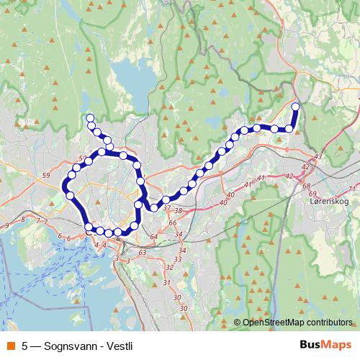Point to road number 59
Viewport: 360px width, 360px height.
pyautogui.click(x=46, y=176)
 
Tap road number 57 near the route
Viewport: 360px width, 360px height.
pyautogui.click(x=82, y=158)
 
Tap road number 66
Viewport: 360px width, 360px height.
pyautogui.click(x=172, y=222)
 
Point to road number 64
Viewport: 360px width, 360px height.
pyautogui.click(x=153, y=237)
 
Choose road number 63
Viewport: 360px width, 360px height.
pyautogui.click(x=142, y=253)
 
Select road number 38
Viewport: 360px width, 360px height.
pyautogui.click(x=178, y=211)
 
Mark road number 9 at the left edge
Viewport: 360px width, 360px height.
pyautogui.click(x=6, y=226)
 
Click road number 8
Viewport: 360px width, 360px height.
pyautogui.click(x=24, y=220)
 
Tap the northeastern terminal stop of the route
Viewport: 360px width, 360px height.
pyautogui.click(x=295, y=107)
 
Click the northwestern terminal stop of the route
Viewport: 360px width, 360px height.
pyautogui.click(x=90, y=118)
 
